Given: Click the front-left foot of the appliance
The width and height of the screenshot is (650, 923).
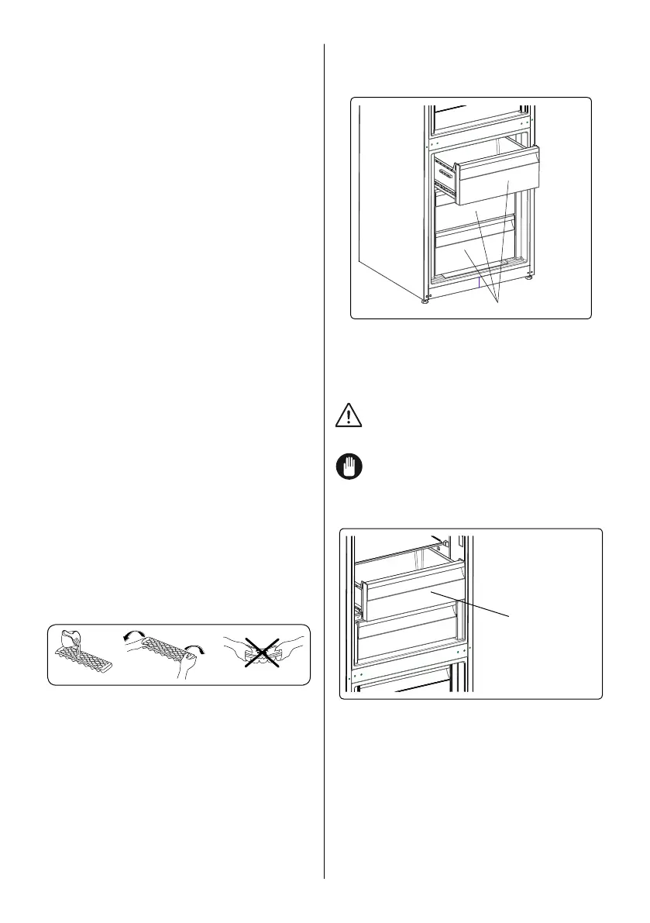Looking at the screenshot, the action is pos(425,301).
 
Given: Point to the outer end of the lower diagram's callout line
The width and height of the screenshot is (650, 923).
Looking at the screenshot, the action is pos(510,615).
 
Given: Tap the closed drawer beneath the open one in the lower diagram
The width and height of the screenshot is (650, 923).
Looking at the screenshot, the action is pos(411,642).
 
